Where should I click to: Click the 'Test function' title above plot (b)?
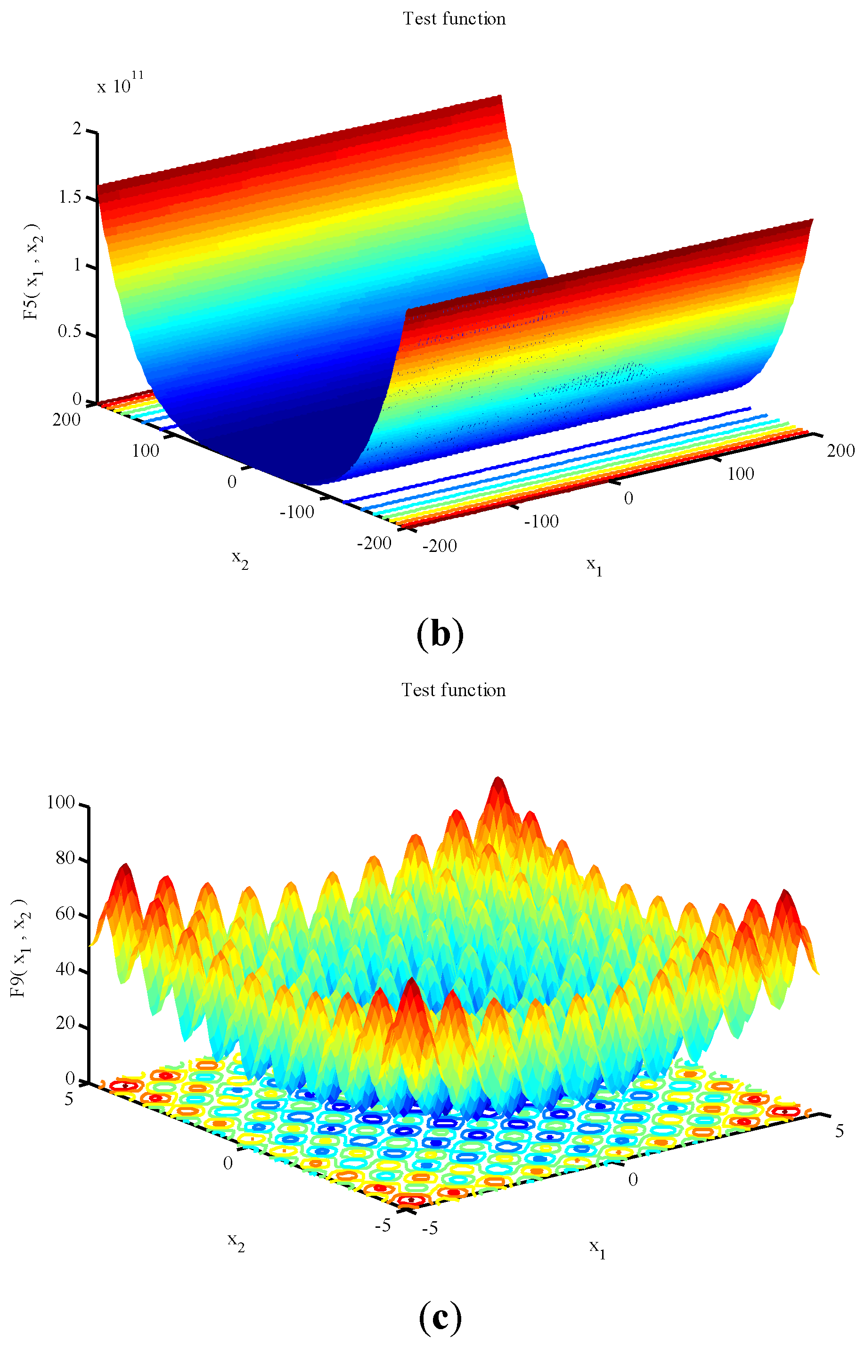(x=454, y=19)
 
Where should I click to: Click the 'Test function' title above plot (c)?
(x=453, y=690)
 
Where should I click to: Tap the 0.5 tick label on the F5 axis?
(x=70, y=331)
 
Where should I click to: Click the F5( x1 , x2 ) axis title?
(x=32, y=271)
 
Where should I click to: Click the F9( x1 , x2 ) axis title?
(x=20, y=947)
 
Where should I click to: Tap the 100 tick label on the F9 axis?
(x=61, y=802)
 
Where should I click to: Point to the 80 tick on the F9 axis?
(x=65, y=858)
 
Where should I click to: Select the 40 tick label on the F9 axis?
(x=65, y=969)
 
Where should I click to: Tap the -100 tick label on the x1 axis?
(x=541, y=521)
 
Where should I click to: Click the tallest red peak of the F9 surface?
(x=498, y=781)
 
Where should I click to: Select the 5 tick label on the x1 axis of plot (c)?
(x=839, y=1131)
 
